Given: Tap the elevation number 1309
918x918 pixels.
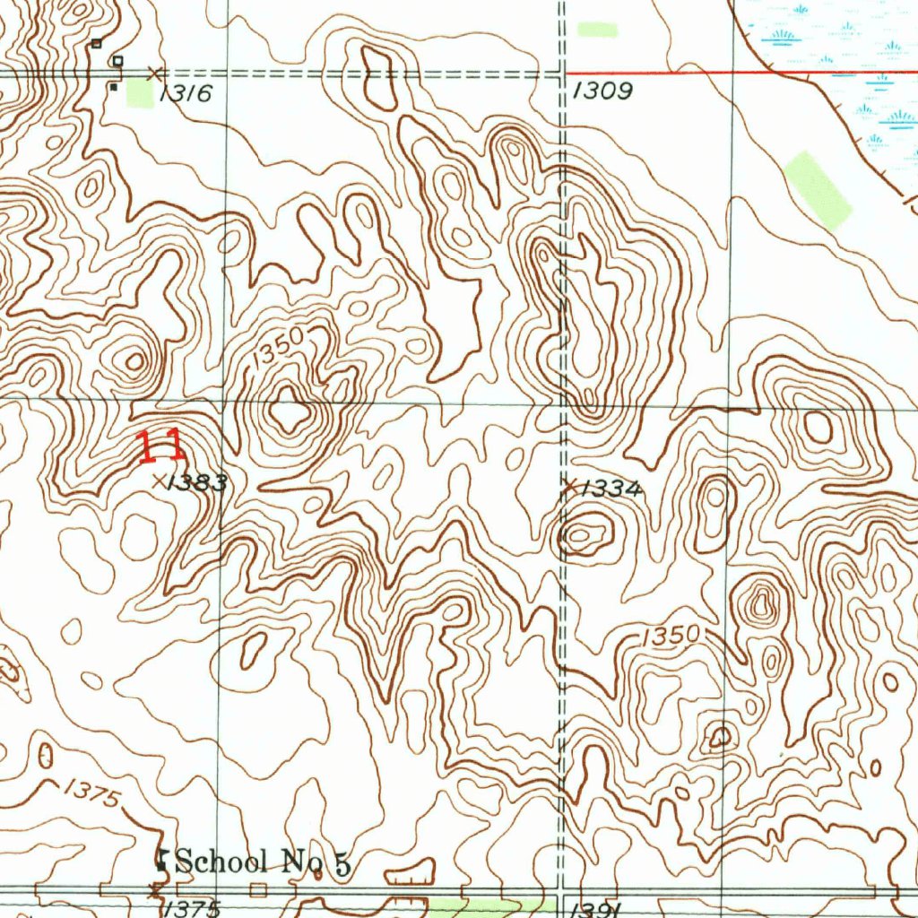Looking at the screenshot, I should (602, 91).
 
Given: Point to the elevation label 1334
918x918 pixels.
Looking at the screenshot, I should (612, 489).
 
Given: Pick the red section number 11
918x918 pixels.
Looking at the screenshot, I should (160, 446).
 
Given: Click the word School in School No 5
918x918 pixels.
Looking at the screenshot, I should (221, 862).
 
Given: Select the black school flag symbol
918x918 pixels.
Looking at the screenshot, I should (163, 860).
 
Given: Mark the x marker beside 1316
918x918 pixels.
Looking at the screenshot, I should (156, 72).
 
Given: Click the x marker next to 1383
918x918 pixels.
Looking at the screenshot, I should (160, 481).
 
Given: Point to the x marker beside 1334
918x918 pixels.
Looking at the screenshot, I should (568, 486).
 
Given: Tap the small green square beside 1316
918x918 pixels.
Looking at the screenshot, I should (139, 93).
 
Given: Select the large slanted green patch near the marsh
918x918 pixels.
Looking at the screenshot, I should (817, 190).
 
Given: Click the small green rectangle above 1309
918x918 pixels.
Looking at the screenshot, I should (597, 30).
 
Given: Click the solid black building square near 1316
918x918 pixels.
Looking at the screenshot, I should (113, 87).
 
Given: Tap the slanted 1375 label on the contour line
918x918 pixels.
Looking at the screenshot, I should (91, 793).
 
